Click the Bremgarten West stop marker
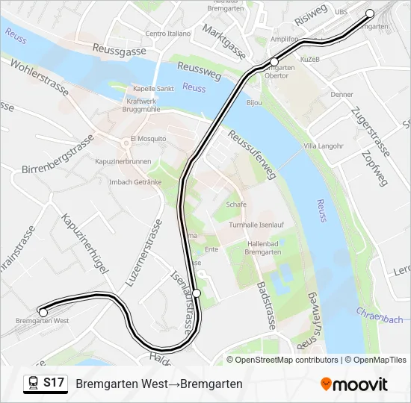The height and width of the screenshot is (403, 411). (43, 312)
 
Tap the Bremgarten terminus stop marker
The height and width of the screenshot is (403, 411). (369, 13)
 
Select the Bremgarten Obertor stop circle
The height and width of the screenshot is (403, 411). (274, 61)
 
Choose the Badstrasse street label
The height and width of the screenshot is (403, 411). (266, 306)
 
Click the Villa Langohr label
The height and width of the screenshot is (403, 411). (324, 146)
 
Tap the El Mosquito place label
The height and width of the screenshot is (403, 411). (147, 138)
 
